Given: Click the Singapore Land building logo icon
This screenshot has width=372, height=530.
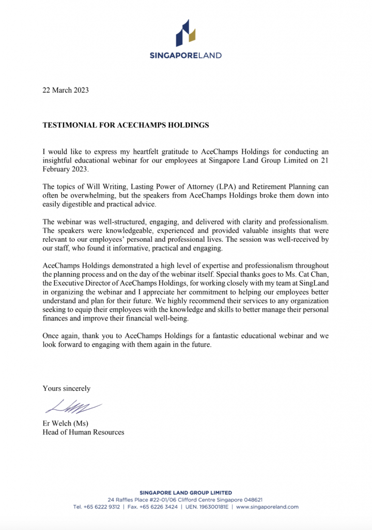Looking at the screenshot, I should [x=185, y=33].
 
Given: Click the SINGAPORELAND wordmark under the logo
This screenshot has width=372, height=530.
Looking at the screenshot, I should [x=185, y=55].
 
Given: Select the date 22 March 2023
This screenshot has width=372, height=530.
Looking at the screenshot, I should [x=66, y=90].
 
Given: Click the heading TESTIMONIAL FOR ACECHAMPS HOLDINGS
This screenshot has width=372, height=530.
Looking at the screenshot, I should [x=126, y=125].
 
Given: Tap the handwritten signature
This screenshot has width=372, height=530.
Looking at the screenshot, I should [x=73, y=407].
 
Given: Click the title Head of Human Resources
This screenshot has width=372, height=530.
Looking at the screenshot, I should [x=83, y=432].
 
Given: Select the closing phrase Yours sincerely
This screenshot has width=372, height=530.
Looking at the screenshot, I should [x=66, y=388].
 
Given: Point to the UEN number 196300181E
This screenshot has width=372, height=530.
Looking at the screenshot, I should [x=212, y=507].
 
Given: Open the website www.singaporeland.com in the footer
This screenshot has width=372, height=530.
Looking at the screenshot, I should [x=268, y=507].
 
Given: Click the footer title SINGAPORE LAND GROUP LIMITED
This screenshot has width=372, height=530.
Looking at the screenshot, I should [x=186, y=493].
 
